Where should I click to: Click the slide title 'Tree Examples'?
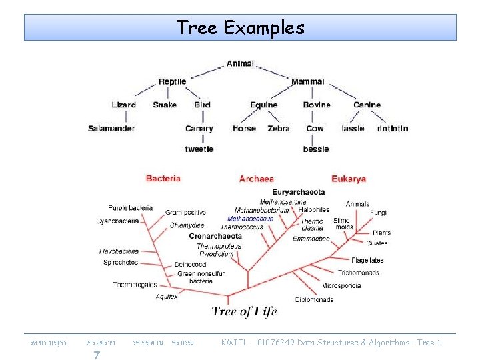coord(240,28)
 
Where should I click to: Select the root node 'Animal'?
coord(240,64)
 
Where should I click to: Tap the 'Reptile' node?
coord(172,82)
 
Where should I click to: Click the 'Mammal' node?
coord(307,82)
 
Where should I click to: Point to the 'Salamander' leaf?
coord(111,129)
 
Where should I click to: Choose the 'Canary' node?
coord(199,129)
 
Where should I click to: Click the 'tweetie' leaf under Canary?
coord(199,149)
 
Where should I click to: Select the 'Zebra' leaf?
coord(279,129)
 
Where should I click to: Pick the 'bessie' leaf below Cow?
coord(315,149)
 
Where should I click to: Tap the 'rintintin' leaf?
coord(392,129)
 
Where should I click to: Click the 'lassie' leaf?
coord(353,129)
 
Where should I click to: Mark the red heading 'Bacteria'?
coord(163,179)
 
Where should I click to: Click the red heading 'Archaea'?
coord(257,179)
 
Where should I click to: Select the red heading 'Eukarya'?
coord(349,179)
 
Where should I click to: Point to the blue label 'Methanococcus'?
coord(250,219)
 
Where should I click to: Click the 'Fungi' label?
coord(378,213)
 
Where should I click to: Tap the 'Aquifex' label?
coord(167,297)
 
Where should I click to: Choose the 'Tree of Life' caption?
coord(244,311)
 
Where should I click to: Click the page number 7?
coord(97,355)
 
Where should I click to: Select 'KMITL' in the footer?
coord(234,343)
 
